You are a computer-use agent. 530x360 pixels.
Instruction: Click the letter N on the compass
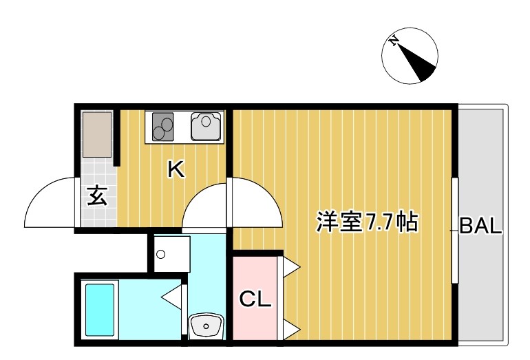click(x=393, y=41)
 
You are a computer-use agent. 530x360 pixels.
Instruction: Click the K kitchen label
click(x=176, y=169)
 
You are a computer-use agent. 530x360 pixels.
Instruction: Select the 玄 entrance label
click(x=97, y=195)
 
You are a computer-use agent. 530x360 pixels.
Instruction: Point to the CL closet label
click(x=255, y=299)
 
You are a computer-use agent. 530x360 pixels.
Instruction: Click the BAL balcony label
click(x=480, y=226)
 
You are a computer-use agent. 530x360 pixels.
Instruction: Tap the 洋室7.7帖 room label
click(x=367, y=222)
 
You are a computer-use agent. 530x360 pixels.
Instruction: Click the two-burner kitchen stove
click(x=162, y=127)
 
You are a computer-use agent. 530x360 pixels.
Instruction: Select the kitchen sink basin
click(x=206, y=126)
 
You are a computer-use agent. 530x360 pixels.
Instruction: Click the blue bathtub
click(x=99, y=310)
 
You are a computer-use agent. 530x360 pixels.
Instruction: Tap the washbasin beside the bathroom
click(x=206, y=326)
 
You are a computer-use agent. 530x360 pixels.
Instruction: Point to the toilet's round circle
click(x=161, y=254)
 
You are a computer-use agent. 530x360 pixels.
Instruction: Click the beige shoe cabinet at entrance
click(x=97, y=134)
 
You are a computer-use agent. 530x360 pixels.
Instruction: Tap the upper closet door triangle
click(x=290, y=266)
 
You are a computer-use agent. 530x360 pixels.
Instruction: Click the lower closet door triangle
click(x=290, y=328)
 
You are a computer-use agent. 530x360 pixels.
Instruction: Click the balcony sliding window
click(x=455, y=230)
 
